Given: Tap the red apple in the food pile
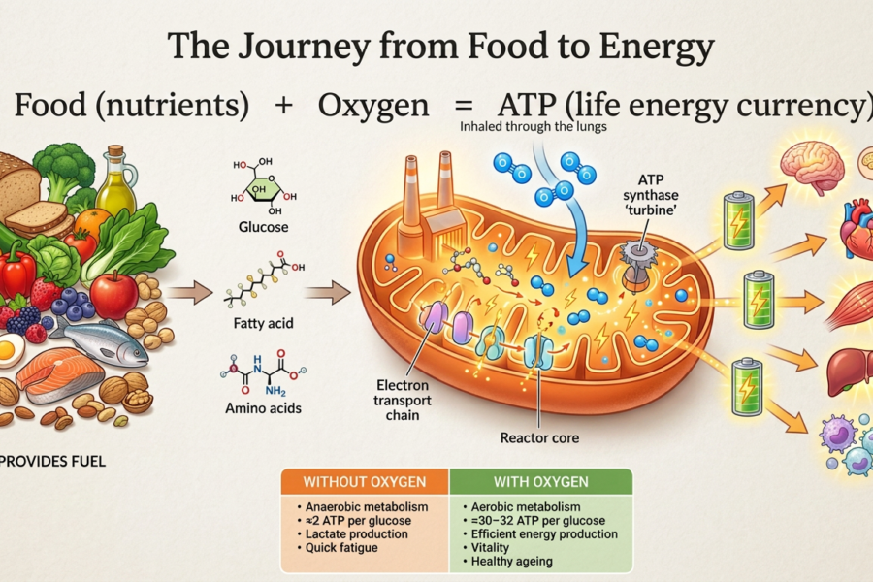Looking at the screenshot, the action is pyautogui.click(x=114, y=295).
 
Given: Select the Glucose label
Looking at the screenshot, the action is pyautogui.click(x=263, y=227).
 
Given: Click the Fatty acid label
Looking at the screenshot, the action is pyautogui.click(x=263, y=323).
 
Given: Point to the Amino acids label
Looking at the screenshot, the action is pyautogui.click(x=263, y=408).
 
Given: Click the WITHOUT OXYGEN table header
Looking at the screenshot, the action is pyautogui.click(x=364, y=482).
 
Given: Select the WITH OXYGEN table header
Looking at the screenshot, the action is pyautogui.click(x=540, y=482).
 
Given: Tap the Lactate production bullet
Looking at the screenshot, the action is pyautogui.click(x=356, y=534).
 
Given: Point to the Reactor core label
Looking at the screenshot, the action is pyautogui.click(x=539, y=437).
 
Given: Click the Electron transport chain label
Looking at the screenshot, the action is pyautogui.click(x=403, y=400).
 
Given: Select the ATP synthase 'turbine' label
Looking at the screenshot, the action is pyautogui.click(x=650, y=195).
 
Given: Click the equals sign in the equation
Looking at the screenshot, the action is pyautogui.click(x=464, y=106).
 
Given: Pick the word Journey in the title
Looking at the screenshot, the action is pyautogui.click(x=304, y=47).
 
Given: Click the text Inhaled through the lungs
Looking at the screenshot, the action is pyautogui.click(x=533, y=127).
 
